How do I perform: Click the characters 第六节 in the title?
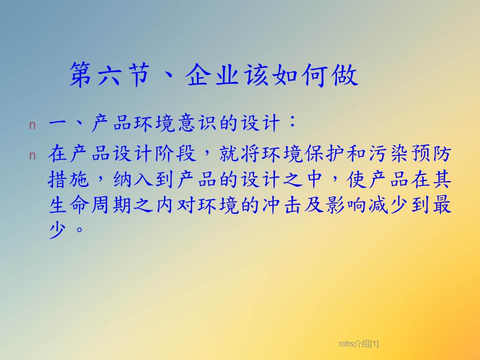coord(109,75)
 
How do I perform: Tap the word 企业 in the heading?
coord(212,75)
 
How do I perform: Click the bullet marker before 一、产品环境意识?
coord(32,125)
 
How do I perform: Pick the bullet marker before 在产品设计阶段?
coord(32,156)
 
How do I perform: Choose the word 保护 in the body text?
coord(325,153)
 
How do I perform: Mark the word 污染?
coord(389,153)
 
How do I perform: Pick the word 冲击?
coord(282,205)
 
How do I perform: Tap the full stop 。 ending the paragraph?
coord(79,229)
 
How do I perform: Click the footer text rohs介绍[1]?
coord(358,344)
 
